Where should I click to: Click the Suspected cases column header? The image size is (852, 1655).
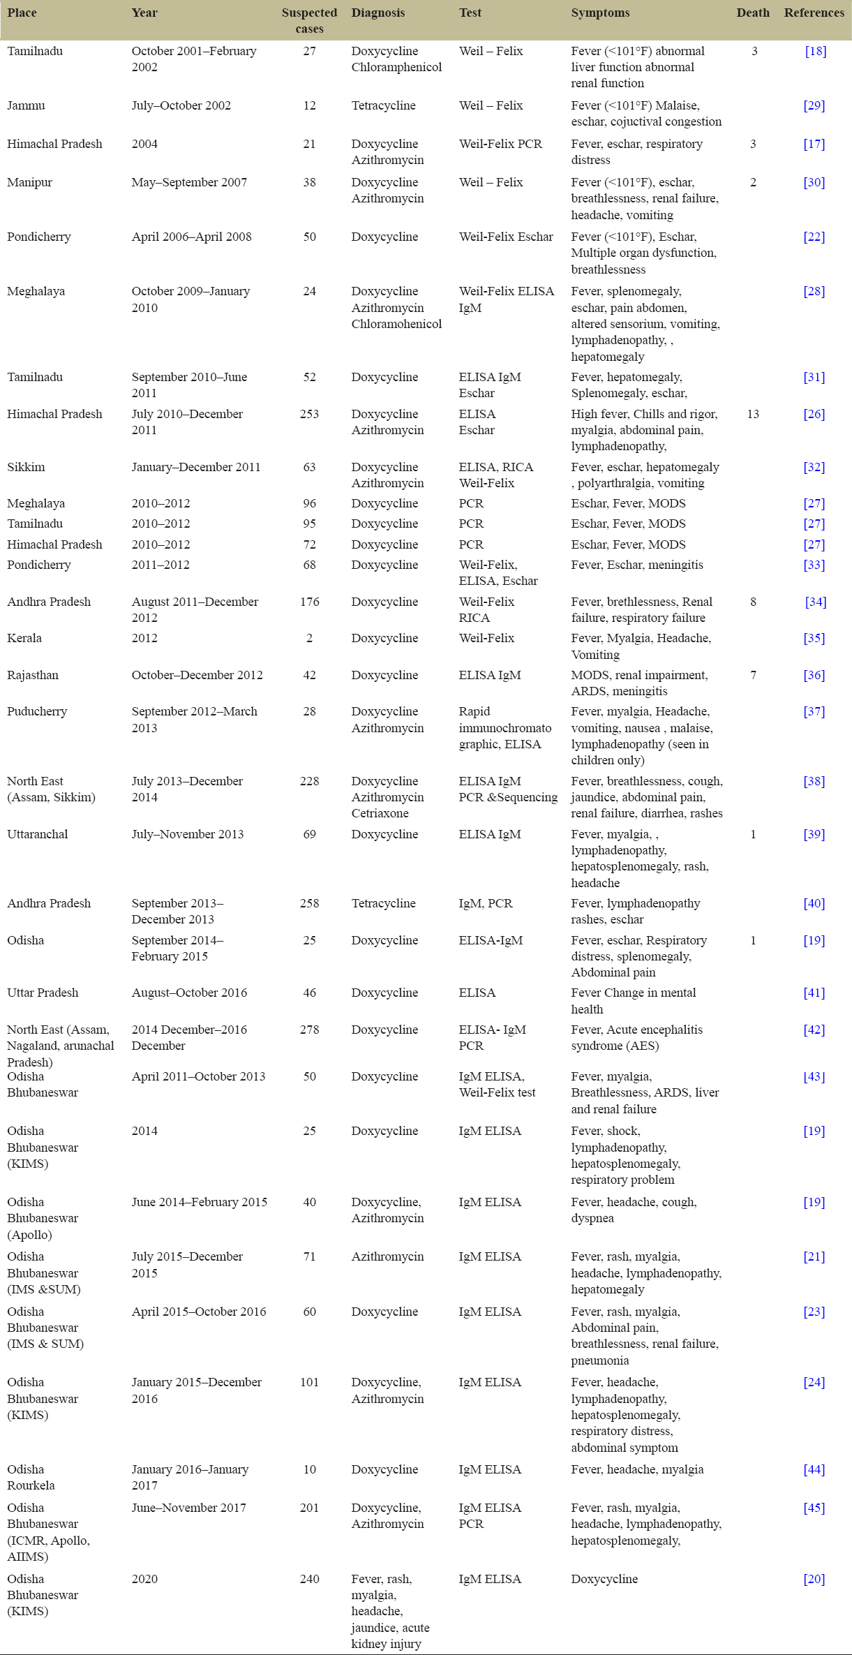tap(309, 20)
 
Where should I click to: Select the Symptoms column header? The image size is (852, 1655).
tap(600, 13)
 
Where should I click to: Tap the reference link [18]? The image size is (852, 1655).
tap(815, 51)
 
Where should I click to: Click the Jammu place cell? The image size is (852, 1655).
tap(26, 105)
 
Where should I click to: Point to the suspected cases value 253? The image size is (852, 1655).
tap(309, 414)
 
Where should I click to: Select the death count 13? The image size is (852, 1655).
tap(753, 414)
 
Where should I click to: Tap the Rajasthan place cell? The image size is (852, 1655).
tap(33, 675)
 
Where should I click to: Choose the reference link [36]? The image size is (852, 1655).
tap(814, 675)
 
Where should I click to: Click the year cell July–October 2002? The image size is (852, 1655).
tap(181, 105)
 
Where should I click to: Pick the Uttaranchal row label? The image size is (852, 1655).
tap(38, 834)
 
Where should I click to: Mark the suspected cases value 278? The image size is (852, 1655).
tap(309, 1030)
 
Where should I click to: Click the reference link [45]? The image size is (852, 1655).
tap(814, 1508)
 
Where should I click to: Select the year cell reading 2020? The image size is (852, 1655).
tap(144, 1579)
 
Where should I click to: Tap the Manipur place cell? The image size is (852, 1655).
tap(29, 182)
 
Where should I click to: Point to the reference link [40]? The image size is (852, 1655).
tap(814, 903)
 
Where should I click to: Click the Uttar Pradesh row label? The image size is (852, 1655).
tap(43, 993)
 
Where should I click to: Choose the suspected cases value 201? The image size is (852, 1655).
tap(309, 1508)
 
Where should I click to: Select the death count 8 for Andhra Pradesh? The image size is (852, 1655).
tap(753, 602)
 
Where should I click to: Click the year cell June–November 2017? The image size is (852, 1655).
tap(188, 1508)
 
